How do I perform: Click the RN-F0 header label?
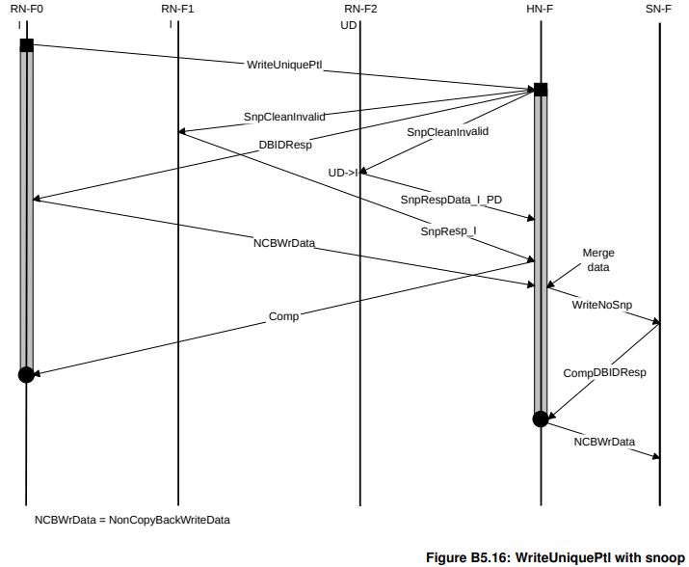(25, 9)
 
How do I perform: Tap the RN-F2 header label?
(360, 9)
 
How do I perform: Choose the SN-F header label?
(660, 9)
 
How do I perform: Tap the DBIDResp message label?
(285, 146)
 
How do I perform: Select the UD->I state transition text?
(343, 173)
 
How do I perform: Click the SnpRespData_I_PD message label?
(451, 199)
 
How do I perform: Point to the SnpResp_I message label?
(448, 231)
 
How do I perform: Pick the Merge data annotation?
(597, 260)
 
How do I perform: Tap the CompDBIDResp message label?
(604, 371)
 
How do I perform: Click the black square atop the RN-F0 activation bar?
(26, 45)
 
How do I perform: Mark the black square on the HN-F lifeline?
(541, 90)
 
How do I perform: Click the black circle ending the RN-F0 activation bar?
(26, 374)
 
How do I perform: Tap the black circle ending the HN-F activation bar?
(541, 418)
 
